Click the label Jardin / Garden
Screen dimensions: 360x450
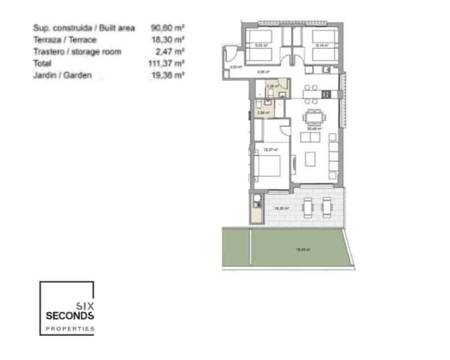[62, 75]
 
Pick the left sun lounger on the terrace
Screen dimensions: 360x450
[308, 208]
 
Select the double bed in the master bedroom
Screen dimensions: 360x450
[268, 167]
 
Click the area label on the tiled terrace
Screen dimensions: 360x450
[281, 208]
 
